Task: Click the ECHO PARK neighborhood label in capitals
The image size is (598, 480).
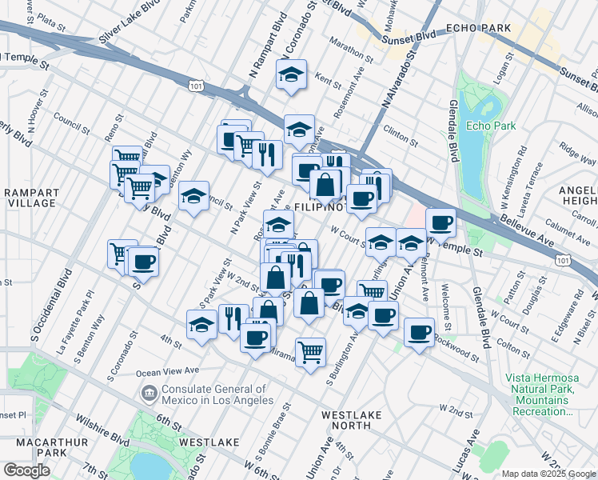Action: pyautogui.click(x=480, y=28)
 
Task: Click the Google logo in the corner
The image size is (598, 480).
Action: pyautogui.click(x=26, y=470)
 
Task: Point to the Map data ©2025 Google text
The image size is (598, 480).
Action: pyautogui.click(x=548, y=474)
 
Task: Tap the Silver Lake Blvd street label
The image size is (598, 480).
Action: pyautogui.click(x=132, y=27)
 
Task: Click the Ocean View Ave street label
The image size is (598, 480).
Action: pyautogui.click(x=167, y=370)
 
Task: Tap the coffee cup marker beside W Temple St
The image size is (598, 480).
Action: pyautogui.click(x=440, y=222)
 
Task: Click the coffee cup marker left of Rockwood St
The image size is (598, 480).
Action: pyautogui.click(x=418, y=332)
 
